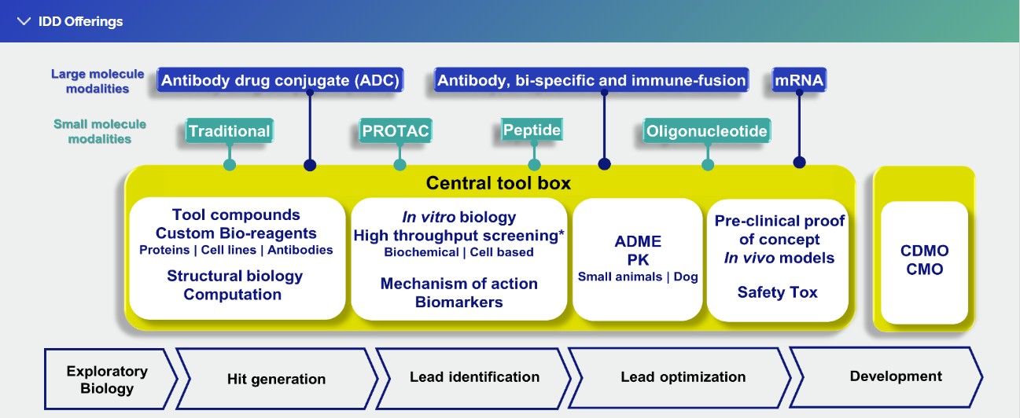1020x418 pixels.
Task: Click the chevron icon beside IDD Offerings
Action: tap(24, 21)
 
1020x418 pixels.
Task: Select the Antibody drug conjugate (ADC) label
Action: tap(281, 80)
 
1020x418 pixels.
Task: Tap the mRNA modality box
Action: tap(799, 80)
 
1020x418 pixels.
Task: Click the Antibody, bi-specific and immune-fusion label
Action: tap(591, 80)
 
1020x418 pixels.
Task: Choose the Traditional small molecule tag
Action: tap(229, 131)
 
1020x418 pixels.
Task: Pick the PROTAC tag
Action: tap(395, 131)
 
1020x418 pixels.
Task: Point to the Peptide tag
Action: tap(532, 130)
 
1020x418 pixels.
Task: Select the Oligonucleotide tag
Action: tap(705, 131)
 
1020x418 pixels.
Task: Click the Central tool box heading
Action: tap(498, 184)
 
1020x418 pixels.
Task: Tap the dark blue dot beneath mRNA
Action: tap(799, 163)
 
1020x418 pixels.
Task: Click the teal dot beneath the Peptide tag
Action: tap(535, 165)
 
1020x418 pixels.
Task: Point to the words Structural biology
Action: tap(234, 276)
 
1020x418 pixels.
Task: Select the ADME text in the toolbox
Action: tap(638, 241)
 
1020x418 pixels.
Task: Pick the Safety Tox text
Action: tap(777, 292)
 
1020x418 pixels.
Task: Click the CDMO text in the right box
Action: tap(924, 251)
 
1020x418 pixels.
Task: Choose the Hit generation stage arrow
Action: tap(276, 379)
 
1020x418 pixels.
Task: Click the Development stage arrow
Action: tap(895, 376)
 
